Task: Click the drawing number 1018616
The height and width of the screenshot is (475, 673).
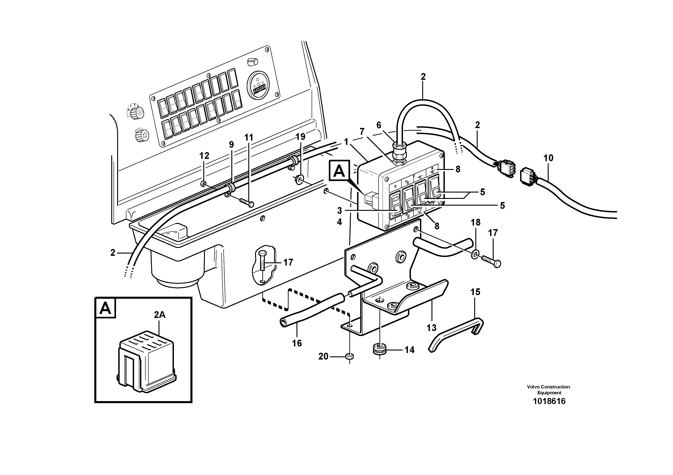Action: [549, 401]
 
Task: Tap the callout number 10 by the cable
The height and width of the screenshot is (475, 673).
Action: [548, 158]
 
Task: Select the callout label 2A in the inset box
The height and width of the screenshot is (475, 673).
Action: [160, 315]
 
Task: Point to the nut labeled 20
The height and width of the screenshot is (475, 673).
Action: [350, 356]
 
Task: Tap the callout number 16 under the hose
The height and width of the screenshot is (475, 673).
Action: [297, 343]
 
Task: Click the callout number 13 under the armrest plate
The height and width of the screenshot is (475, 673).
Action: [431, 327]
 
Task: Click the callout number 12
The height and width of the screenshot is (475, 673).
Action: [204, 156]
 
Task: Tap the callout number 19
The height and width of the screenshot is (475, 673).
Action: [301, 137]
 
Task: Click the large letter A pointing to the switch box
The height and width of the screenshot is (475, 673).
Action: [339, 170]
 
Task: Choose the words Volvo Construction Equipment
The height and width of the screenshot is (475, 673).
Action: [548, 390]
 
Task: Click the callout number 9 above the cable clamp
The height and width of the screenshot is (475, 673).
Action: [231, 144]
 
